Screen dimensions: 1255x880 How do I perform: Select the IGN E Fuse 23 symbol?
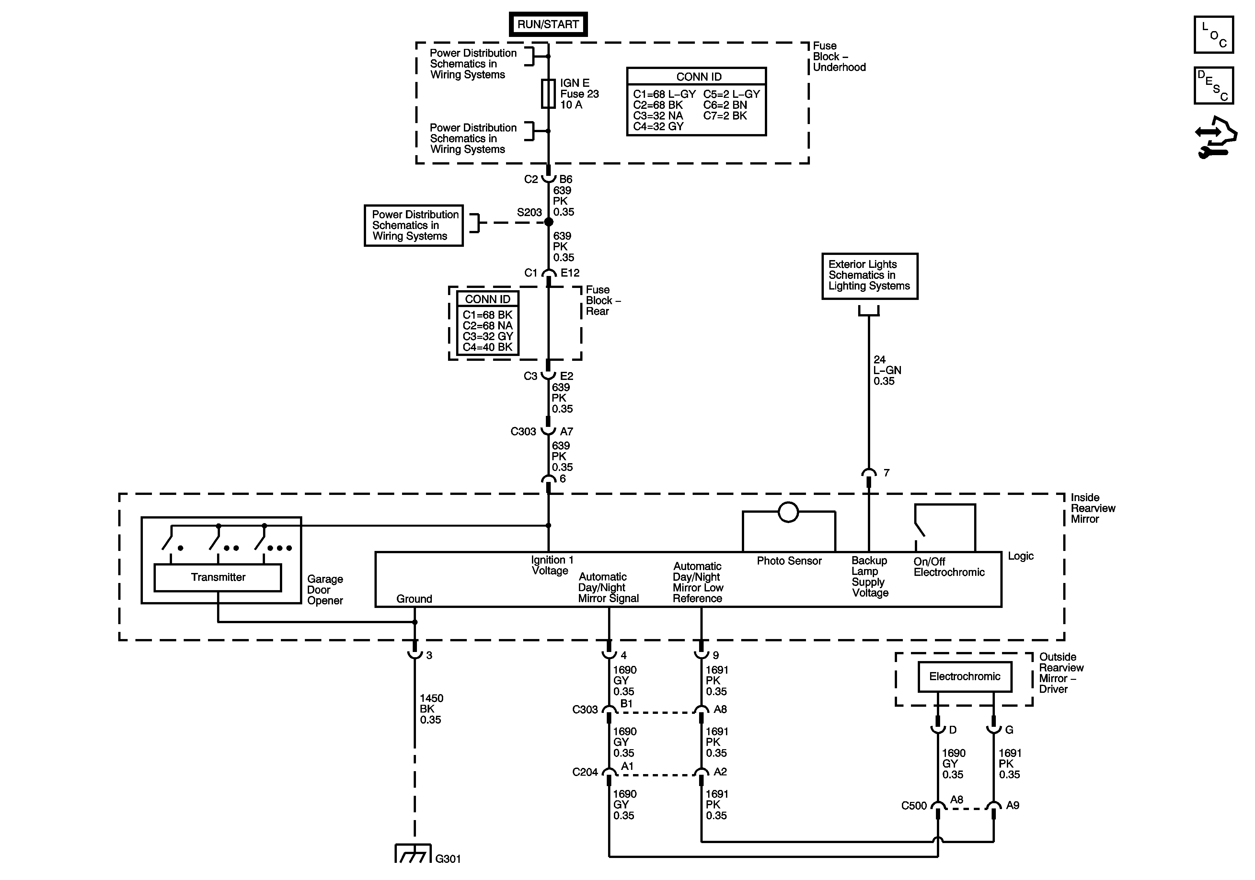(548, 94)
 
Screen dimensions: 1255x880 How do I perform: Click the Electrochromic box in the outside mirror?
(965, 677)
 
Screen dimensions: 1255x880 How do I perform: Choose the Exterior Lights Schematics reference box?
(869, 276)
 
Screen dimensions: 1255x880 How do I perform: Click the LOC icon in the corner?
(1214, 34)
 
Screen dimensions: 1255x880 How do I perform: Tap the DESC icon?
(1214, 85)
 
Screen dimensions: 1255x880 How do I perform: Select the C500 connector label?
(914, 806)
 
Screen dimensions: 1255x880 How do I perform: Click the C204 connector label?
(585, 772)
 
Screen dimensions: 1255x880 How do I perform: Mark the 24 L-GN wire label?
(887, 371)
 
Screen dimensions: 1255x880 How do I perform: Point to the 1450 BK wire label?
(431, 709)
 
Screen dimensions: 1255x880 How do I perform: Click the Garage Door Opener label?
(325, 590)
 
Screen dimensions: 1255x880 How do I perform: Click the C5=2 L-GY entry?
(731, 94)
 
